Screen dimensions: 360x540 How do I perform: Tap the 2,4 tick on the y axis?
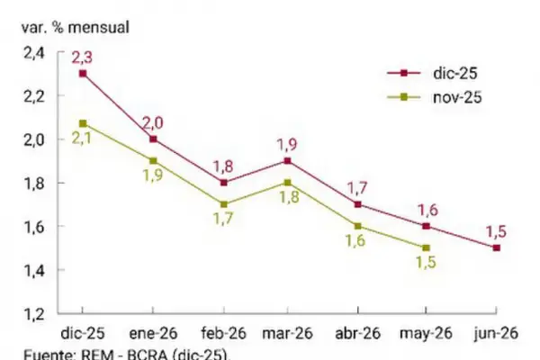pos(33,52)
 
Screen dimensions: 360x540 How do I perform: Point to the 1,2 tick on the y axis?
pos(33,314)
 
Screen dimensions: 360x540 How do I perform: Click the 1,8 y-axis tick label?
pos(33,183)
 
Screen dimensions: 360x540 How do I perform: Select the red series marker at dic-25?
pos(83,74)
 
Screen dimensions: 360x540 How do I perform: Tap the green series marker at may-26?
pos(426,247)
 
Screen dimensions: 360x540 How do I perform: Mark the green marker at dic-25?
pos(83,123)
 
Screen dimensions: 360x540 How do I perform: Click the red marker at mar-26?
pos(287,161)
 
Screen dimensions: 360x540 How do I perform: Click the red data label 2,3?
pos(83,58)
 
